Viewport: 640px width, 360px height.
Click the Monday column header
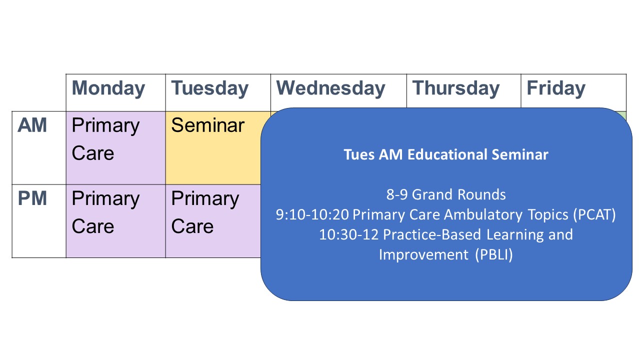coord(108,88)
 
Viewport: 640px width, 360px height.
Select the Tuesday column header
coord(209,88)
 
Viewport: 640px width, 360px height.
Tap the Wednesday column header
coord(330,88)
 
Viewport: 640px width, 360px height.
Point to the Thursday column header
coord(455,88)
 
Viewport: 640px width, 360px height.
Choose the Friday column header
coord(555,88)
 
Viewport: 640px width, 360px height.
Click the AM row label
coord(32,125)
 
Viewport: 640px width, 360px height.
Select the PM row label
coord(32,198)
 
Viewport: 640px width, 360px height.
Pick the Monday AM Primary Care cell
coord(115,147)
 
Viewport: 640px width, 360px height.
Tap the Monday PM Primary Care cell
coord(115,221)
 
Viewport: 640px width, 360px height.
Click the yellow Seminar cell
coord(213,147)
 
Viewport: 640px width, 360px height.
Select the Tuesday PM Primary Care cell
coord(213,221)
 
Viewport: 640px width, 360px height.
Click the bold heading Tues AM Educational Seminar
coord(446,154)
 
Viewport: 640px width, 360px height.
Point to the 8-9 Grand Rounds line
coord(446,194)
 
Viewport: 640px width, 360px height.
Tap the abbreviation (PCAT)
coord(594,215)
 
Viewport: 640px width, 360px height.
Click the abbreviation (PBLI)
coord(494,255)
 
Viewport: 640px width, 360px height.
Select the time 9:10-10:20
coord(312,215)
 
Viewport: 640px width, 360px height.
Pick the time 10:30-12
coord(349,235)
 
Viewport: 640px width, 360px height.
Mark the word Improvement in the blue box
coord(423,255)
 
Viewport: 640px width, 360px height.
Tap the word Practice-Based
coord(432,235)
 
